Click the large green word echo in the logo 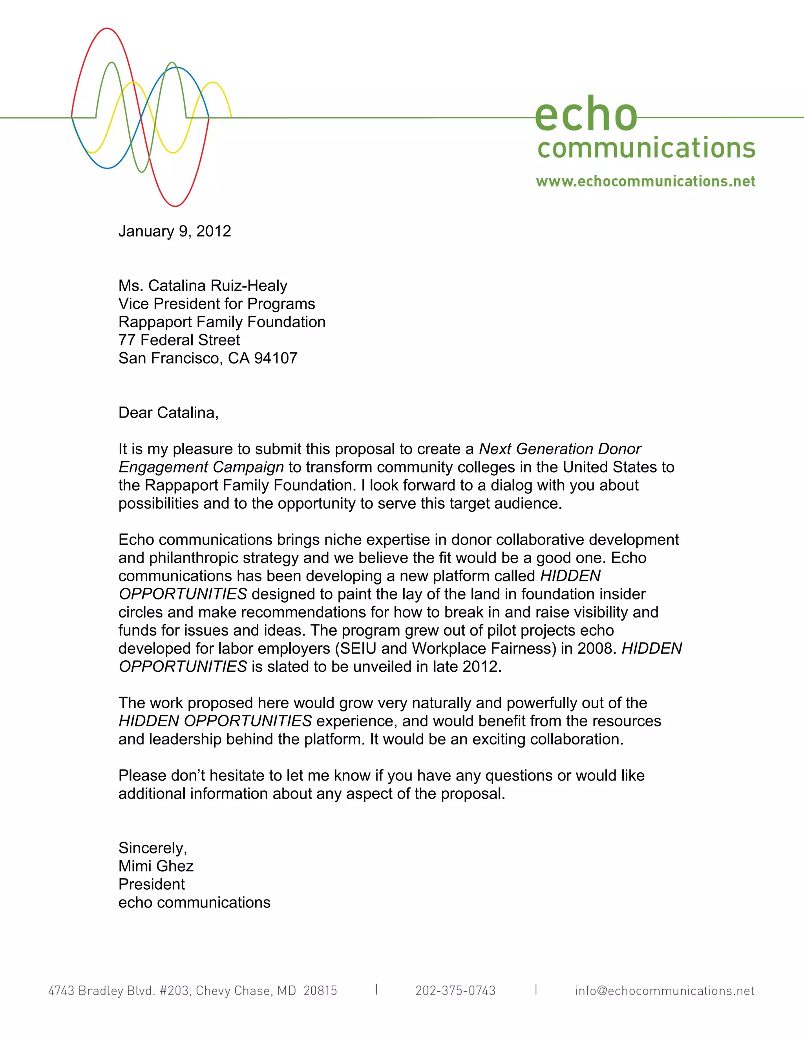pos(586,114)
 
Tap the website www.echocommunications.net pos(645,181)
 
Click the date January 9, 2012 pos(174,231)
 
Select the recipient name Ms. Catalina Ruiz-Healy pos(203,286)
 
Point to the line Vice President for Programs pos(217,304)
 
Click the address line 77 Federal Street pos(179,340)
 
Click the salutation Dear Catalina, pos(168,412)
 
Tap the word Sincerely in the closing pos(152,848)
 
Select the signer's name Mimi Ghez pos(156,866)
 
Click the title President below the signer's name pos(152,884)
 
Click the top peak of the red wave pos(107,29)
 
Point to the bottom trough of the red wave pos(175,206)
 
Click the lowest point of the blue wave pos(108,168)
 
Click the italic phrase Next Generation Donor pos(560,449)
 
